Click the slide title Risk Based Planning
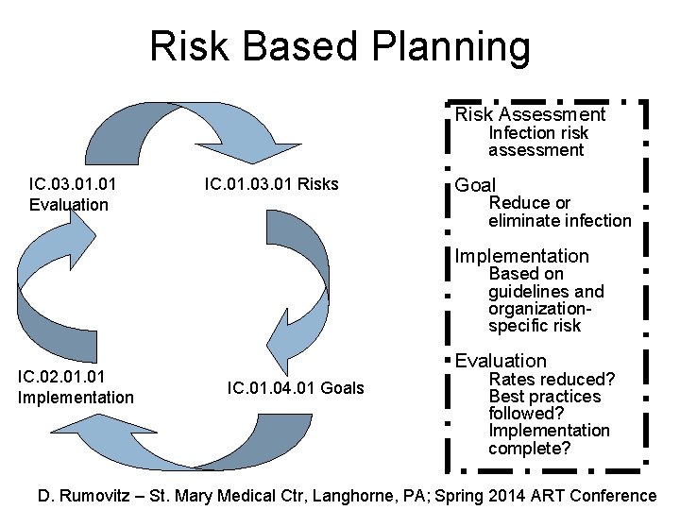[340, 46]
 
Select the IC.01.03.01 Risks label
[271, 183]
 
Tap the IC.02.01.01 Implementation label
[76, 388]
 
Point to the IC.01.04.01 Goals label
[296, 387]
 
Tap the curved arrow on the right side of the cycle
[297, 283]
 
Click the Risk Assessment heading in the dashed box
[530, 114]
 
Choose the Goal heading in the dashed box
[475, 185]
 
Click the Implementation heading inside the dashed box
[521, 256]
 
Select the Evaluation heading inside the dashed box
[501, 361]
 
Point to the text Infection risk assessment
[537, 142]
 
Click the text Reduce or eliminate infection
[559, 212]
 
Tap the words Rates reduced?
[552, 379]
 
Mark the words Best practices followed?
[544, 405]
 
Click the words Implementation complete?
[549, 439]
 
